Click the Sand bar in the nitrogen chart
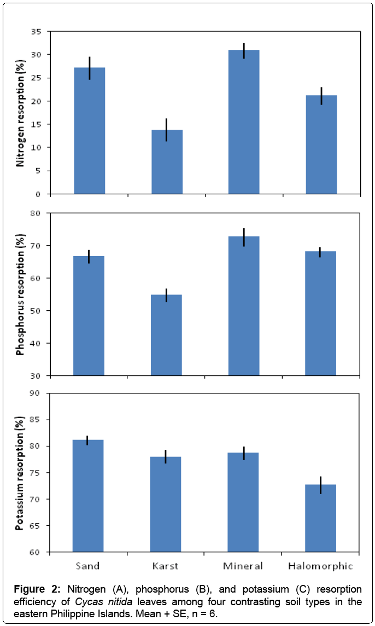click(x=89, y=131)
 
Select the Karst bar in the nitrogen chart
click(x=167, y=162)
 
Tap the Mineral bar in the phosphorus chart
click(x=244, y=306)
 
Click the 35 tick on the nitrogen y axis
click(x=36, y=32)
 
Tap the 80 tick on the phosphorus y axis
click(x=36, y=213)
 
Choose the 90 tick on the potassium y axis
click(x=36, y=393)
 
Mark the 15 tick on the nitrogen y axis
click(x=36, y=124)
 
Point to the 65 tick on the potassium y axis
click(x=36, y=526)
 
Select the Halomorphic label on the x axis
click(x=321, y=566)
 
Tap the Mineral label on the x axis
click(x=244, y=566)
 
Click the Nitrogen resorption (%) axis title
click(x=21, y=113)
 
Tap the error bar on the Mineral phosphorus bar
click(x=244, y=237)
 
